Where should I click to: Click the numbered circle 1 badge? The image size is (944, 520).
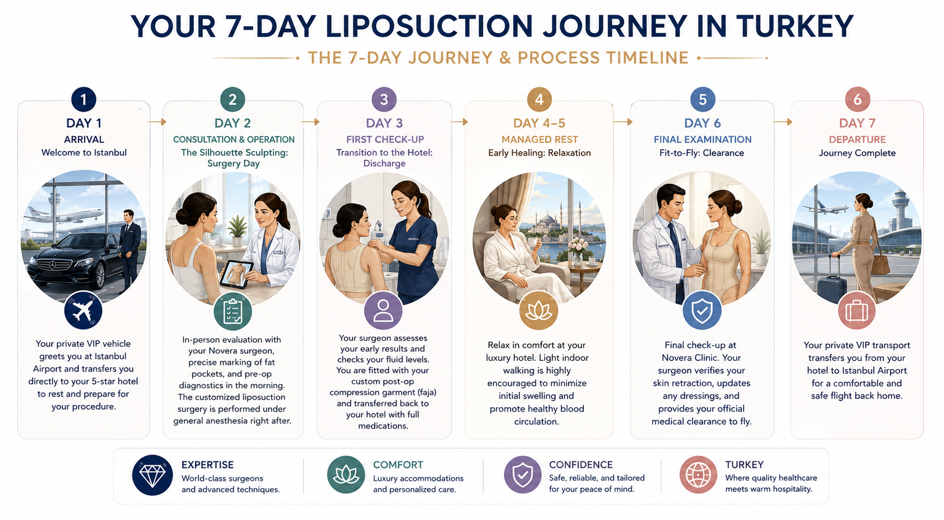83,99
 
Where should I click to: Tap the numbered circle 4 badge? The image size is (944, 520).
539,99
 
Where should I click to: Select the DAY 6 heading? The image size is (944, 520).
702,123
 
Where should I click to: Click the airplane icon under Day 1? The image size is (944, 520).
83,311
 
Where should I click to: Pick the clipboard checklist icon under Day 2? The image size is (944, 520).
232,312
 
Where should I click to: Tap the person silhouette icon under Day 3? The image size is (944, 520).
383,311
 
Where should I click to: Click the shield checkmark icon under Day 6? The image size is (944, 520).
702,311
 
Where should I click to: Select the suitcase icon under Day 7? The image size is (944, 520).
857,311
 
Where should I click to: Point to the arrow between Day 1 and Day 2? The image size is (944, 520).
157,122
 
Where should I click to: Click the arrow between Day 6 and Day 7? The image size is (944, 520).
783,122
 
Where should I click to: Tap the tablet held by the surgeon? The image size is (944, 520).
236,274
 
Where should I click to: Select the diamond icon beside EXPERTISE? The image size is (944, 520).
152,475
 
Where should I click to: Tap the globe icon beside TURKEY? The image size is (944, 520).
698,475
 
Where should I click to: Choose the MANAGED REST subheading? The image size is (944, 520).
540,140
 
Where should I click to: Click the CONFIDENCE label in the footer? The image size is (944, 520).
581,464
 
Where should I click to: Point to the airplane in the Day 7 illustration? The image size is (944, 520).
824,207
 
